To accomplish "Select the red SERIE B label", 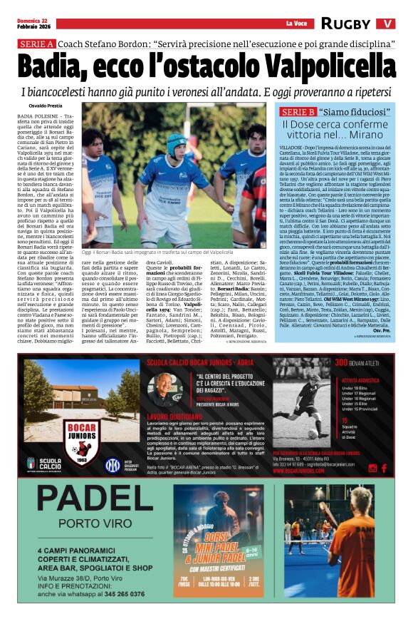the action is tap(298, 113).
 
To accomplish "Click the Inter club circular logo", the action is tap(113, 466).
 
